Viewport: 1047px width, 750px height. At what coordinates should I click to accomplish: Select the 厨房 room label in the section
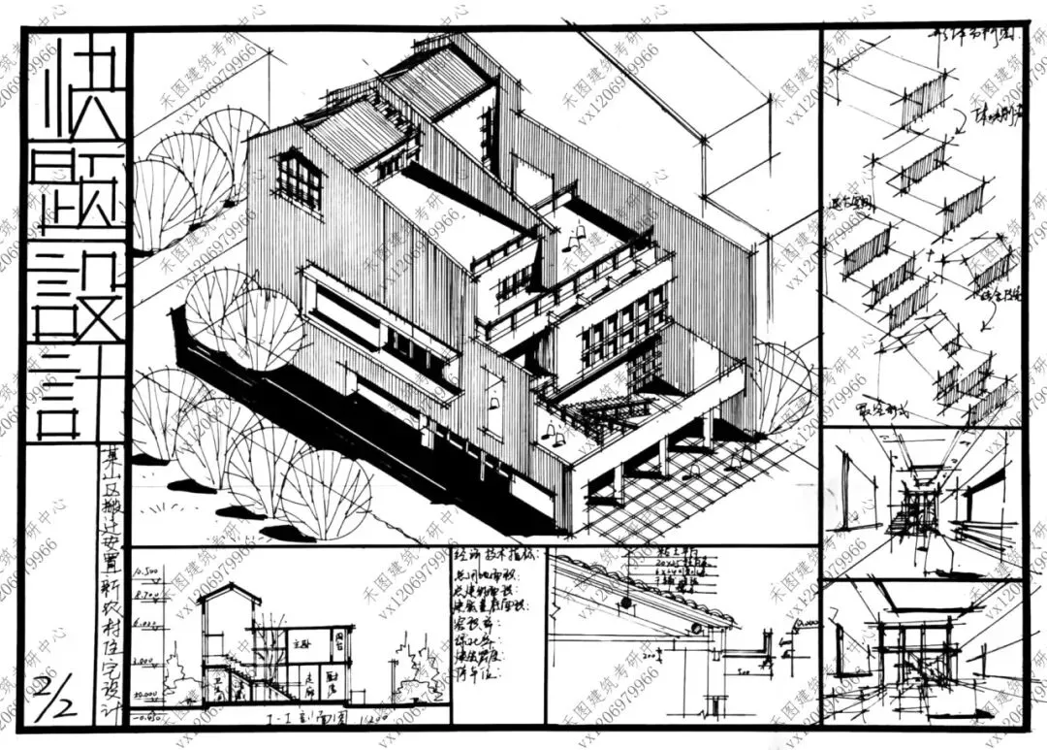[335, 681]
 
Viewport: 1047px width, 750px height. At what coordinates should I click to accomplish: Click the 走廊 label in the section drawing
[306, 681]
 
